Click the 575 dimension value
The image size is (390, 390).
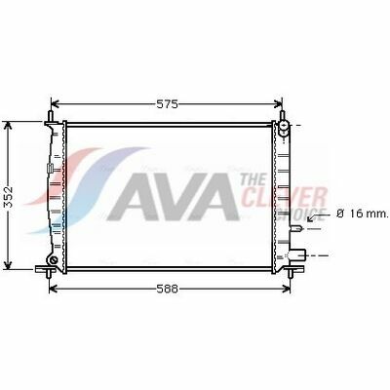click(x=168, y=104)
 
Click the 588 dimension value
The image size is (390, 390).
click(x=168, y=289)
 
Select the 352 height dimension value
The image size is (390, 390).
click(x=9, y=197)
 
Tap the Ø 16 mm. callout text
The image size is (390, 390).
click(x=362, y=214)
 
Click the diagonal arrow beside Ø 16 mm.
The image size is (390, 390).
click(x=315, y=216)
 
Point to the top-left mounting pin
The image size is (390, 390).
click(x=51, y=116)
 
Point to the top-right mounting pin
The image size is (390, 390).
click(x=282, y=115)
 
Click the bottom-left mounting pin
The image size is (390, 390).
click(x=49, y=274)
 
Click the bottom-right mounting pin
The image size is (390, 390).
click(x=291, y=274)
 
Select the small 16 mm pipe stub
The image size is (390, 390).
click(x=296, y=229)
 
